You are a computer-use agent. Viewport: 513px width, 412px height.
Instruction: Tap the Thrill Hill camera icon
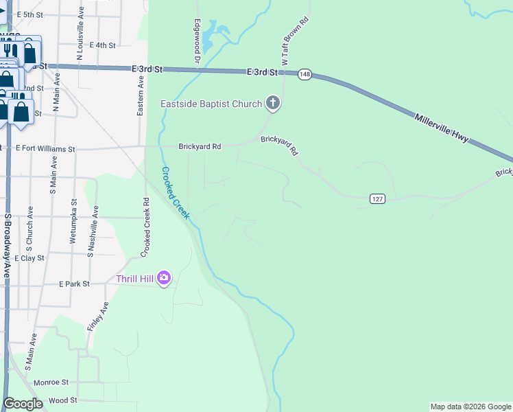[163, 278]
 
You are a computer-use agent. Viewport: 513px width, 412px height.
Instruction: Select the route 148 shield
[305, 73]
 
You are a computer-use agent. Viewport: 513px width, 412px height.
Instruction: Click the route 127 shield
[377, 199]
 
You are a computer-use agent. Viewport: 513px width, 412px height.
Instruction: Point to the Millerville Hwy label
[442, 128]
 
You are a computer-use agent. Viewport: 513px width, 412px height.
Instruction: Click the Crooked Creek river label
[176, 193]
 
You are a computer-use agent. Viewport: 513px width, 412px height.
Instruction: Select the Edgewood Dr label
[197, 42]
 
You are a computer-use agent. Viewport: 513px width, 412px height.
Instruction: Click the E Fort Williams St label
[45, 148]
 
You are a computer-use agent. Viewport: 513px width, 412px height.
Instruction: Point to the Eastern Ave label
[141, 95]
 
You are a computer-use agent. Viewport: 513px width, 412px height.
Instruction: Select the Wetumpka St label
[73, 221]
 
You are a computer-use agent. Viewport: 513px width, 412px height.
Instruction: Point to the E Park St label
[74, 283]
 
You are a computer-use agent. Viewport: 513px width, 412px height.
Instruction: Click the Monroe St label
[51, 382]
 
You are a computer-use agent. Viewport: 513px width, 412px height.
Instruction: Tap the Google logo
[23, 404]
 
